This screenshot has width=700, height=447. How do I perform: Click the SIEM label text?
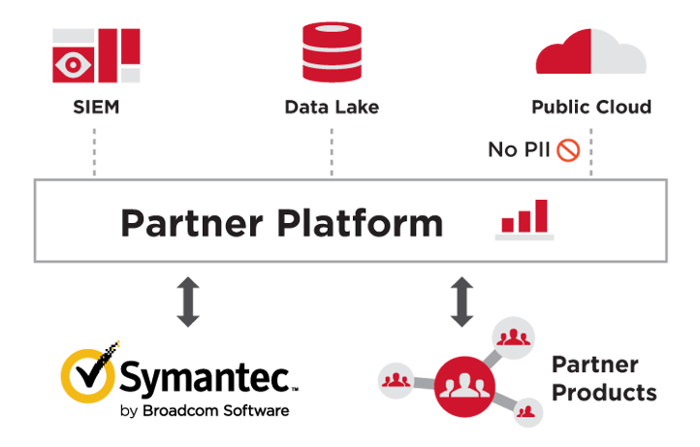point(96,108)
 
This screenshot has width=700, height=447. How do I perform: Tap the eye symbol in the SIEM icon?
point(73,65)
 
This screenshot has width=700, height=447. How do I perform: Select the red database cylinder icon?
point(332,51)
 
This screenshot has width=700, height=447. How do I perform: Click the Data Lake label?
point(332,108)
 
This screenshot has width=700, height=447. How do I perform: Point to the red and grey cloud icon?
point(590,51)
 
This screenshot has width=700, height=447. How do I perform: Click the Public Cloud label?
point(591,108)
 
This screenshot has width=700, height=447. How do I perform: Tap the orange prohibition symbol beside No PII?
point(568,150)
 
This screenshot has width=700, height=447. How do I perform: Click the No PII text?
point(519,149)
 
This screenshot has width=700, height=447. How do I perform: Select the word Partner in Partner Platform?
point(192,223)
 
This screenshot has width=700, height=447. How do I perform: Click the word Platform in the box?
point(361,222)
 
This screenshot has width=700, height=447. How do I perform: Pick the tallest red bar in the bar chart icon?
point(541,215)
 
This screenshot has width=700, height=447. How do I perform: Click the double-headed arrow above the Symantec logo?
point(188,302)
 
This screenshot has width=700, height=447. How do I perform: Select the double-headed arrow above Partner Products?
point(461,302)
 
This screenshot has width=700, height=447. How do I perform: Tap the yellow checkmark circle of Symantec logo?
point(87,375)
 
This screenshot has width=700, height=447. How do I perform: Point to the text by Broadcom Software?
point(205,411)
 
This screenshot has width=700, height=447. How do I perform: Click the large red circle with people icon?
point(464,386)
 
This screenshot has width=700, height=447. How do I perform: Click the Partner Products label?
point(604,379)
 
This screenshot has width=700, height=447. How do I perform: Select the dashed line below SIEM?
point(94,152)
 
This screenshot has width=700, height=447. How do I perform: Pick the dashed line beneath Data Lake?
point(332,152)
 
